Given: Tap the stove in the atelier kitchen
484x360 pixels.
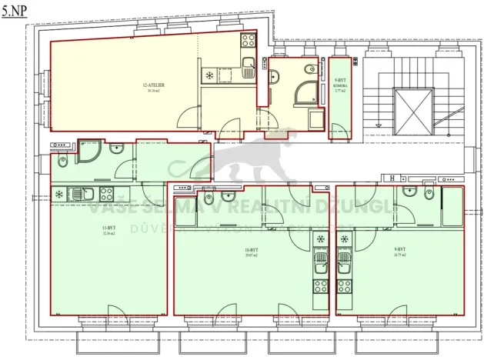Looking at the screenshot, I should coord(248,40).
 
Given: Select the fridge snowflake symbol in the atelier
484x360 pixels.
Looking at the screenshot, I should coord(209,75).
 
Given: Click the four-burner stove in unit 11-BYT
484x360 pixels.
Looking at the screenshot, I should coord(107,193).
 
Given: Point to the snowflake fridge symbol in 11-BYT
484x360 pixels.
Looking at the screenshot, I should coord(58,193).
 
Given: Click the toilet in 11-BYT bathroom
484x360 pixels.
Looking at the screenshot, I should coord(62,162).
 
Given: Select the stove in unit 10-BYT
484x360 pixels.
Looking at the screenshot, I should coord(321,289).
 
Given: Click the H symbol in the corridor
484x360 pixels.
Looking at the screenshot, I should coord(392,178).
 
